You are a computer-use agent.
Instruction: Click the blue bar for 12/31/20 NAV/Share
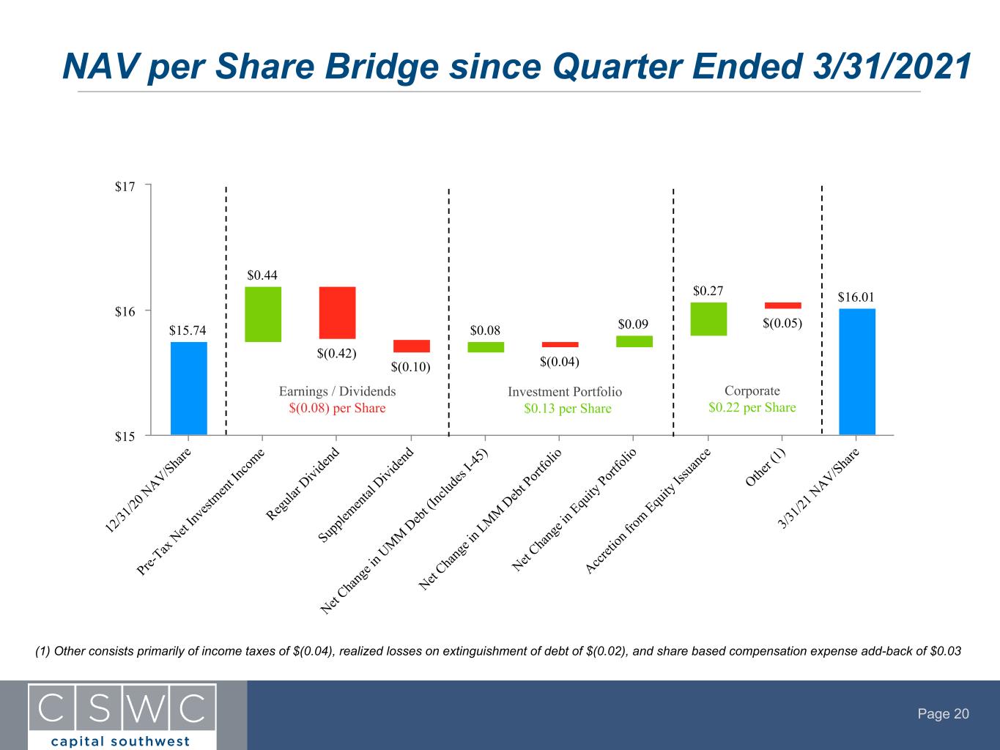tap(188, 388)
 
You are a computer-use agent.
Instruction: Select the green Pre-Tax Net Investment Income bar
tap(263, 314)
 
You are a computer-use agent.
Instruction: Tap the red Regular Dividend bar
tap(337, 313)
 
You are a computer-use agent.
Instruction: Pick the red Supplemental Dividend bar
tap(412, 346)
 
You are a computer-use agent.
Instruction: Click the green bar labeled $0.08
tap(486, 347)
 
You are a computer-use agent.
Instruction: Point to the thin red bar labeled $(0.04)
tap(560, 345)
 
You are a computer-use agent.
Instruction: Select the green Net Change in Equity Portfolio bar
tap(634, 341)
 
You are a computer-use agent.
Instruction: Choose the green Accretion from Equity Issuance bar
tap(708, 319)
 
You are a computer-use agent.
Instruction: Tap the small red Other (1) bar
tap(782, 305)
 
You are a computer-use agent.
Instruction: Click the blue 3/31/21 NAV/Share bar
tap(857, 371)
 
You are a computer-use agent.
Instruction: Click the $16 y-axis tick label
tap(125, 312)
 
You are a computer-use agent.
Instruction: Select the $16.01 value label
tap(856, 297)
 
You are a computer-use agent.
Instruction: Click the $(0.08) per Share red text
tap(337, 408)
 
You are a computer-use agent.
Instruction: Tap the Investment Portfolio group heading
tap(564, 392)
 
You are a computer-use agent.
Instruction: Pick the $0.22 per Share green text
tap(752, 407)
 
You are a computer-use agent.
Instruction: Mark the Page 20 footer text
tap(943, 713)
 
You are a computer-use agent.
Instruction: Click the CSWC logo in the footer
tap(122, 716)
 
